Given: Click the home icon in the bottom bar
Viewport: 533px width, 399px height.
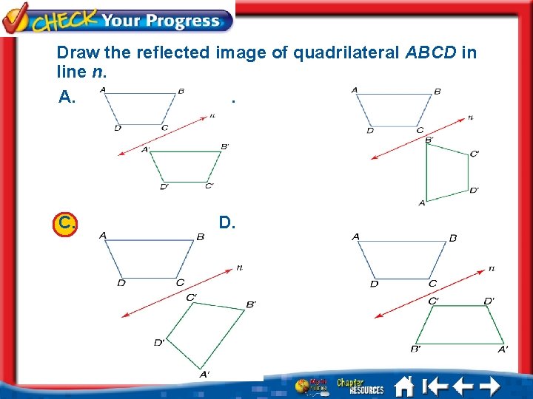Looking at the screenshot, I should point(403,386).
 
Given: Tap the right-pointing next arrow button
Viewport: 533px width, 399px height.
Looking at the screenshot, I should point(490,386).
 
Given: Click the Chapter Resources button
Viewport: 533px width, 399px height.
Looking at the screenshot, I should point(360,386).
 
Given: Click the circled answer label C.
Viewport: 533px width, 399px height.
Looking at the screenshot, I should point(66,222).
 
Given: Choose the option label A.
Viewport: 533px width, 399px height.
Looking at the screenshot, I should point(67,98).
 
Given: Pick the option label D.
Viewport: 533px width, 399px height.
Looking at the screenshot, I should point(227,222).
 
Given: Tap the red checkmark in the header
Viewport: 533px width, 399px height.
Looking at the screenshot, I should point(16,16).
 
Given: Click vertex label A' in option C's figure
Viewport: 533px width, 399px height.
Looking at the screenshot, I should point(204,375).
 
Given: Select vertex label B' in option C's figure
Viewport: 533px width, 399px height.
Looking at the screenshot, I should point(251,304).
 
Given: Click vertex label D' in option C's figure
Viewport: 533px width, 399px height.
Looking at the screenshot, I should point(159,342).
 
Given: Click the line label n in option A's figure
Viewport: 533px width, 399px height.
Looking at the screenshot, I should point(212,115).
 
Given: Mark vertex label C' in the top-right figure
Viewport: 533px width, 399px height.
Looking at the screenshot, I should point(475,154).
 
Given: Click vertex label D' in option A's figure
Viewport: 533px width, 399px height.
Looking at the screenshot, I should point(164,187).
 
